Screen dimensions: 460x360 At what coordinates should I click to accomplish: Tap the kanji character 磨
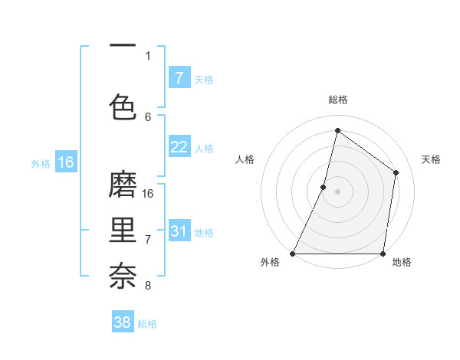click(x=123, y=186)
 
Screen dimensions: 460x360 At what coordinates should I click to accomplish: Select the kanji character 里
click(x=123, y=231)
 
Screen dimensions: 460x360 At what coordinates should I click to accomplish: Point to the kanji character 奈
click(x=123, y=275)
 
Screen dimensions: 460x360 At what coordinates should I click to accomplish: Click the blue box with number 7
click(x=179, y=78)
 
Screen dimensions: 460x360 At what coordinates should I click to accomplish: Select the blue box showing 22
click(x=179, y=147)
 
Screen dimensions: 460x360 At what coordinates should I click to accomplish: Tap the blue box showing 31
click(x=179, y=231)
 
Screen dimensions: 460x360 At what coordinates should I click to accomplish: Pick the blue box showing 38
click(x=123, y=322)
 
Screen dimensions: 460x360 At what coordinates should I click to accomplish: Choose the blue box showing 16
click(x=65, y=162)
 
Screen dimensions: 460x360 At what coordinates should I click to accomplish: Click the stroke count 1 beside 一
click(x=148, y=55)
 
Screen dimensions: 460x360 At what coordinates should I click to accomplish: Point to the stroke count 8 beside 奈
click(x=148, y=286)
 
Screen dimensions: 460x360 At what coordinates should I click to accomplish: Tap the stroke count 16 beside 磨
click(x=149, y=194)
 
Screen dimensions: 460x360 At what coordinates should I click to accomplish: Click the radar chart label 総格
click(x=338, y=100)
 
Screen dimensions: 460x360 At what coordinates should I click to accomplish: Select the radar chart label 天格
click(x=431, y=159)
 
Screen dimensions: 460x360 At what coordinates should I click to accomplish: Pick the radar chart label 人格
click(x=245, y=159)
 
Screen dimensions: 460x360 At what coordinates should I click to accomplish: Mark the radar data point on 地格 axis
click(x=383, y=254)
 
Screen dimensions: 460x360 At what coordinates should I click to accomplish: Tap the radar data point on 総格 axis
click(x=337, y=130)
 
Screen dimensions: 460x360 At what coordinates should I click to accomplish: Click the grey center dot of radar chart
click(x=337, y=191)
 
